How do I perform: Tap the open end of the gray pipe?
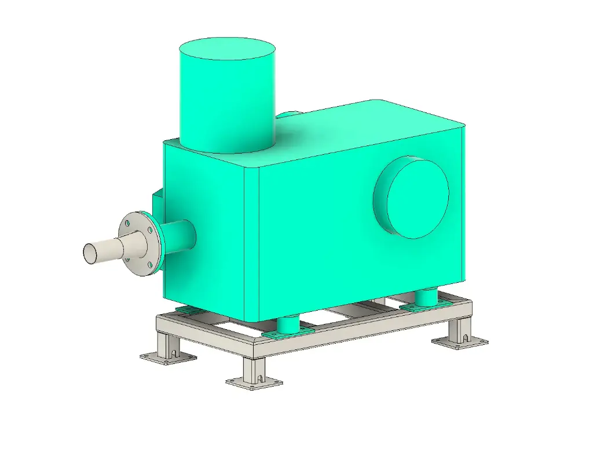point(91,253)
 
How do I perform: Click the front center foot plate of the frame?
point(254,382)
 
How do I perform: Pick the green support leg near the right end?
point(427,297)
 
